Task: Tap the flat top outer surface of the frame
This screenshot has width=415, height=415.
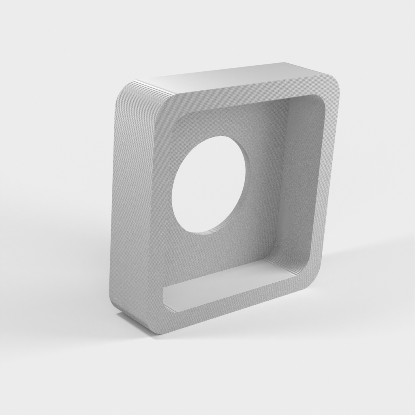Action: point(231,79)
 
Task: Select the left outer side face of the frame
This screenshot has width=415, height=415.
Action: point(115,203)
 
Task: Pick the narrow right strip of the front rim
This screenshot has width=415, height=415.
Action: point(324,182)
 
